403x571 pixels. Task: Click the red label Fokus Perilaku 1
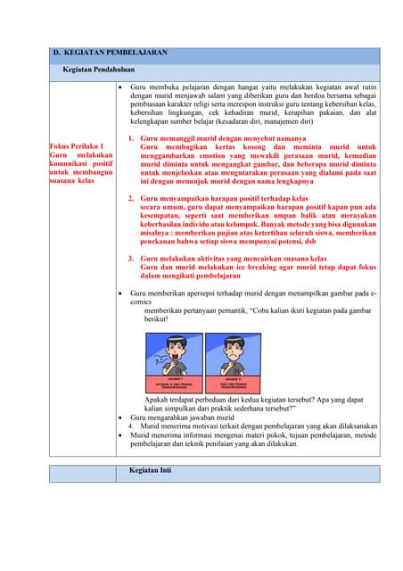pos(77,145)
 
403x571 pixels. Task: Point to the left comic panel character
pos(175,351)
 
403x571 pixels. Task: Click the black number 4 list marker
pos(130,426)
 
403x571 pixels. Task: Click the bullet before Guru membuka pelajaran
pos(120,89)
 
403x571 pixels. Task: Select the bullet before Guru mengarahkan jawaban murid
pos(120,417)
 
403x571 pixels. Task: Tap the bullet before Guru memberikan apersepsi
pos(120,292)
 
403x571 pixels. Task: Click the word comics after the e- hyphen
pos(141,302)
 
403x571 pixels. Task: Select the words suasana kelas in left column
pos(73,180)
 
